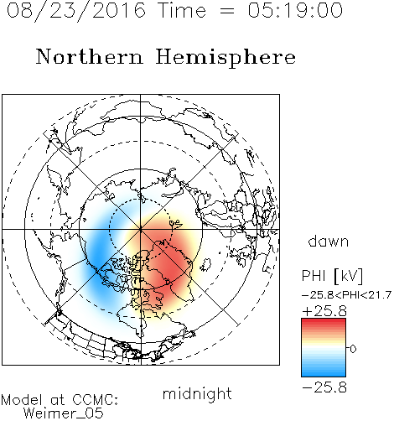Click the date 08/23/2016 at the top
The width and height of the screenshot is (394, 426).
tap(76, 11)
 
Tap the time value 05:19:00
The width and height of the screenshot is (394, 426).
tap(295, 11)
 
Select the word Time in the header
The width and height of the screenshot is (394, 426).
tap(182, 11)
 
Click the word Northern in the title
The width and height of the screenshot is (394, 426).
tap(89, 56)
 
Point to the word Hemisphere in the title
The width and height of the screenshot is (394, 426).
tap(226, 58)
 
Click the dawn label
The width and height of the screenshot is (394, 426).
tap(329, 241)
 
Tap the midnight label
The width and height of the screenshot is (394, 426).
tap(197, 393)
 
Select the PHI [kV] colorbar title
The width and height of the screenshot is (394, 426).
tap(332, 276)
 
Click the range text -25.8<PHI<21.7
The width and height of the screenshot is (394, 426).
tap(346, 295)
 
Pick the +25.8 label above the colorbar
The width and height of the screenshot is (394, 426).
tap(324, 311)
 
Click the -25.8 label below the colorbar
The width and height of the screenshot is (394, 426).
tap(324, 387)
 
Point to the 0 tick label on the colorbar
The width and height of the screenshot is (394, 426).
tap(353, 349)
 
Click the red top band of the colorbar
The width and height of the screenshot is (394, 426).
tap(324, 322)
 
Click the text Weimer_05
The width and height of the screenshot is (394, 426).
tap(64, 413)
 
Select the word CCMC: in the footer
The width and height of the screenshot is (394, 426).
tap(95, 400)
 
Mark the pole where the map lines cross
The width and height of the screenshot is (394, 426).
tap(141, 229)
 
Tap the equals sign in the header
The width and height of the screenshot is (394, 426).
tap(227, 11)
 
